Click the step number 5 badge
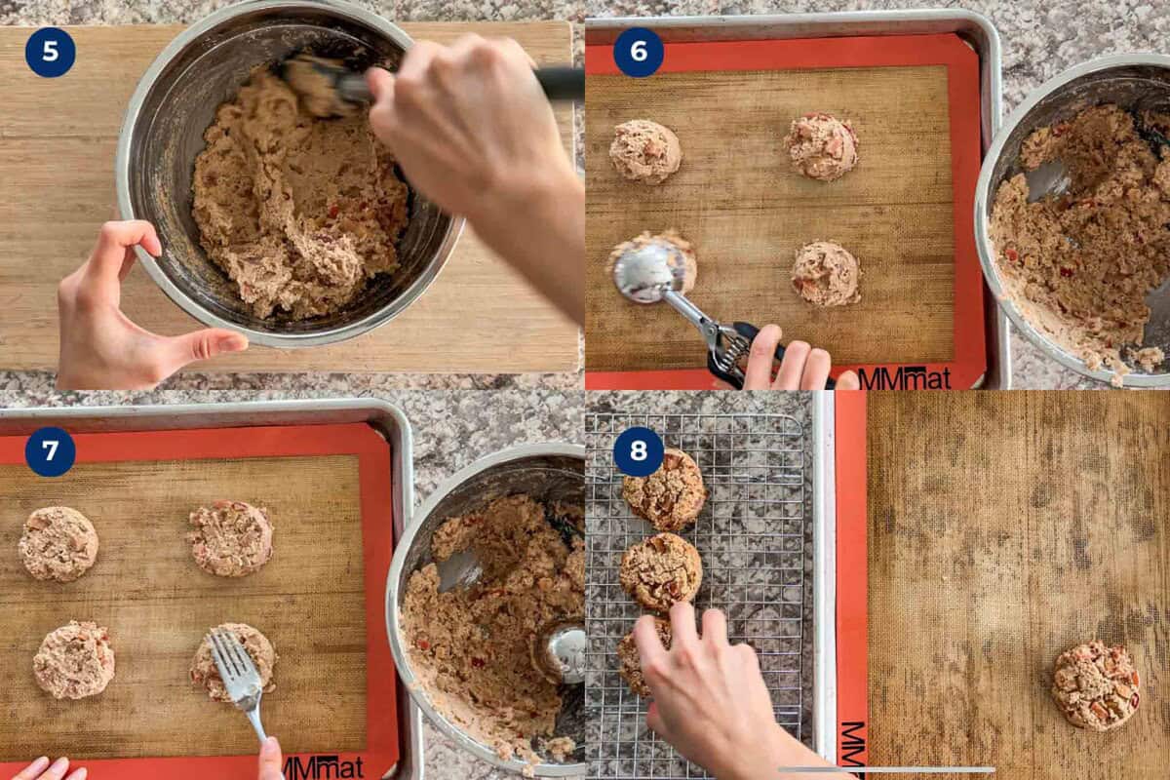[50, 52]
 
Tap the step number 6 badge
[639, 52]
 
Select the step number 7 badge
[50, 451]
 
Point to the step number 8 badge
[639, 451]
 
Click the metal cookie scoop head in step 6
[648, 272]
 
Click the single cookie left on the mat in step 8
[1096, 684]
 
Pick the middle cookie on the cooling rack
[662, 570]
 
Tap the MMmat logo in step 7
[322, 766]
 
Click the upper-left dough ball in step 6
[645, 151]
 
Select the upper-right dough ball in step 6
[821, 146]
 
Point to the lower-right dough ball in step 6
[826, 274]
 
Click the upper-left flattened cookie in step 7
[58, 543]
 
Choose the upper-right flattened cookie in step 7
[231, 538]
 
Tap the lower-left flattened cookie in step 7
[74, 660]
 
